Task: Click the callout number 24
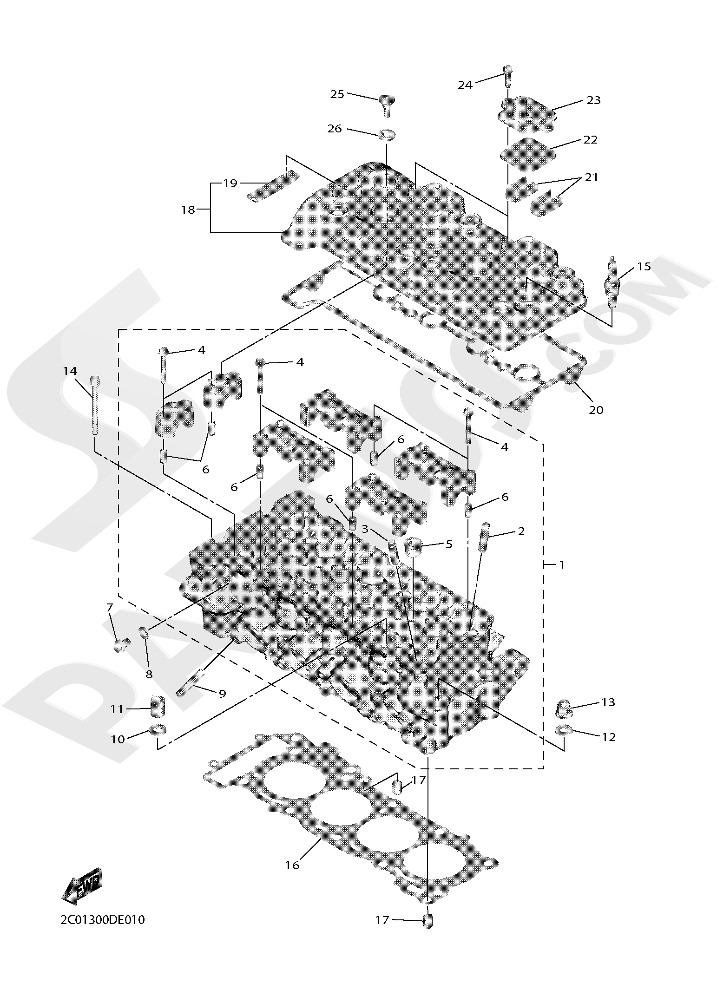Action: coord(465,85)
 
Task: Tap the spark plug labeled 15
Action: coord(614,283)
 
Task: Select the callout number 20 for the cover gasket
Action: coord(596,410)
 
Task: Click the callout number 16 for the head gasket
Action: coord(292,865)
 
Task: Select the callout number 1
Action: coord(562,564)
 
